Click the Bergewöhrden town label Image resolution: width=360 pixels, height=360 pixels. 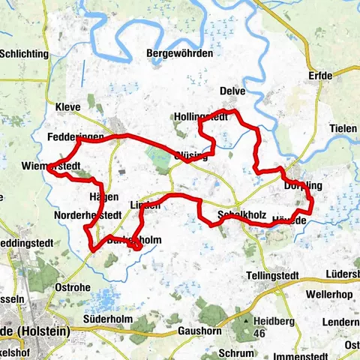coord(179,54)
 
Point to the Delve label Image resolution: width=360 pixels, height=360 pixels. coord(232,91)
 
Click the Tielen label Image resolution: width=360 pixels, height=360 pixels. coord(343,128)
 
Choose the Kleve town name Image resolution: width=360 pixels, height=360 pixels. coord(67,106)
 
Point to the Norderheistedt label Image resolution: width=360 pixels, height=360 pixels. coord(88,215)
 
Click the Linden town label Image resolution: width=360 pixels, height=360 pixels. coord(145,205)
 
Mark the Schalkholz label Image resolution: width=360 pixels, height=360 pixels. coord(241,215)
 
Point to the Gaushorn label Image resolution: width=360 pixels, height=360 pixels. coord(202,330)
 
